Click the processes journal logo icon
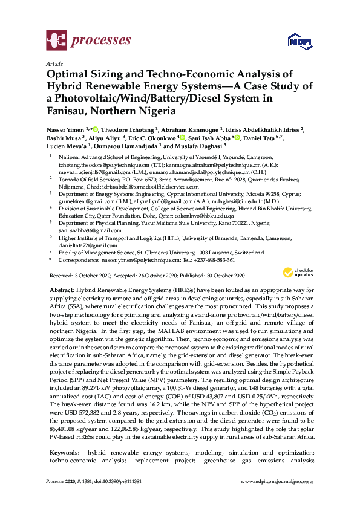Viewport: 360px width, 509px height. (x=56, y=41)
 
